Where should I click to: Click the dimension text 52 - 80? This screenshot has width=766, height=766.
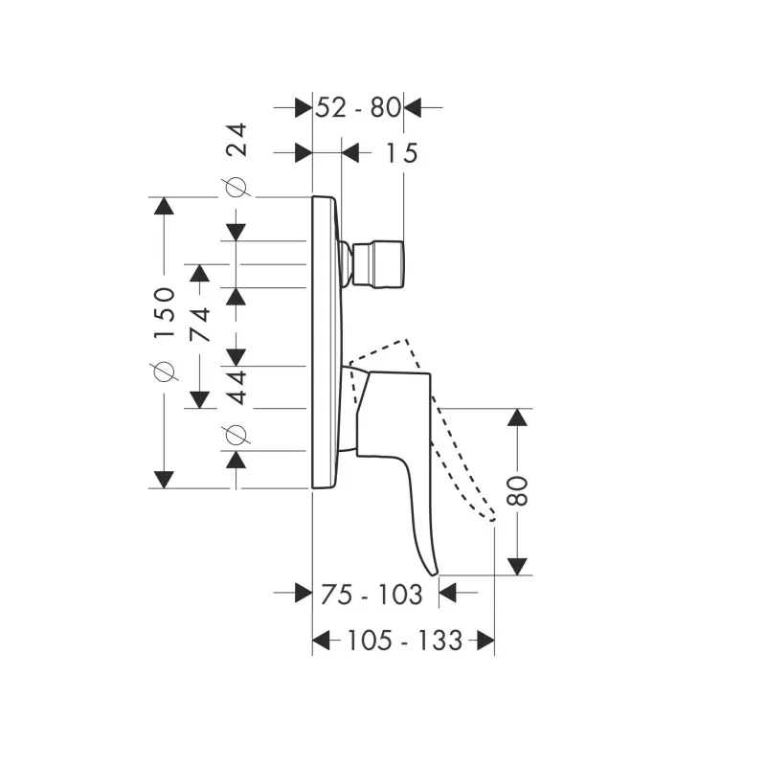click(358, 107)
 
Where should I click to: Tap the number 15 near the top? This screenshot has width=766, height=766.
click(402, 153)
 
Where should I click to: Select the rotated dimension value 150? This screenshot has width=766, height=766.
click(165, 313)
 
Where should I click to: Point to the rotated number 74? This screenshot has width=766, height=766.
click(200, 325)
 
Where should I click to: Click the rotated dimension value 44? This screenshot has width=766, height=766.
click(237, 388)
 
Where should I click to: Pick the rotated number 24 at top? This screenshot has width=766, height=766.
click(237, 140)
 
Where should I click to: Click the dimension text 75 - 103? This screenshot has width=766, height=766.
click(372, 595)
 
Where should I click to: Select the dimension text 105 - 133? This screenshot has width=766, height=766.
click(404, 640)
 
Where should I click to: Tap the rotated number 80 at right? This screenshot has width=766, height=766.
click(518, 490)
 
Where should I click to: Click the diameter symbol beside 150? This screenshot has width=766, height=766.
click(165, 372)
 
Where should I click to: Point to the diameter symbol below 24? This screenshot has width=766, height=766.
click(236, 187)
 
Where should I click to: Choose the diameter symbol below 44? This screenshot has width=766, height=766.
click(236, 435)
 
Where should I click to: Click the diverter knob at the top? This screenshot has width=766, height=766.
click(377, 264)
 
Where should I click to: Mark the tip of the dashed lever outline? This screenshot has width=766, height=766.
click(492, 518)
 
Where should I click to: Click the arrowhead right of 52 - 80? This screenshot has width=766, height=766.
click(413, 107)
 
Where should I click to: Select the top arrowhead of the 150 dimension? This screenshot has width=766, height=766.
click(164, 205)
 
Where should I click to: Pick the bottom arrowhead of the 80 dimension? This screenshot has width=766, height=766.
click(517, 567)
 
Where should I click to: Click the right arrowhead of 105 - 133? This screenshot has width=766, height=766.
click(485, 640)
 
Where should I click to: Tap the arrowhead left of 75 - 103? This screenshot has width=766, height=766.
click(304, 593)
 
